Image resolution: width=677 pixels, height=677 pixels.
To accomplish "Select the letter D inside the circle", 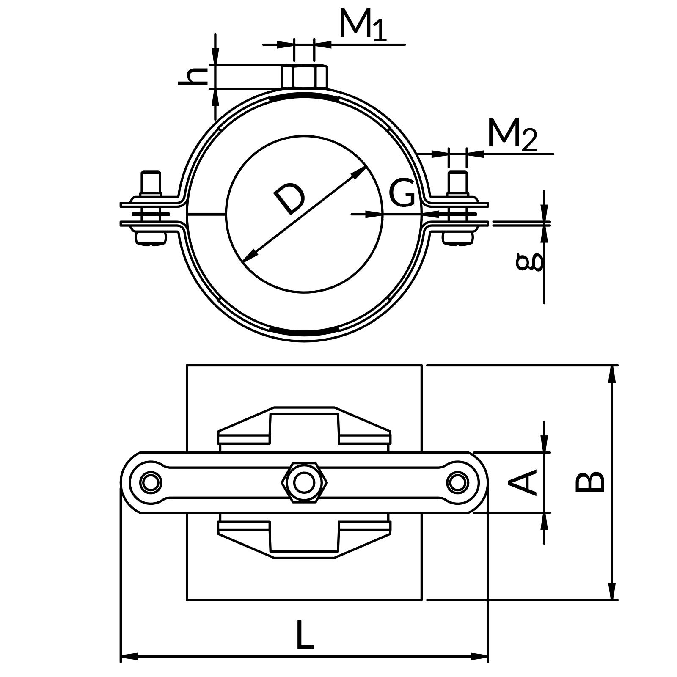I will (290, 198).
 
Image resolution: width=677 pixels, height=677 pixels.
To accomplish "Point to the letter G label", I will (402, 193).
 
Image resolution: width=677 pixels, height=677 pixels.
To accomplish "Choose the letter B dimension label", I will (590, 482).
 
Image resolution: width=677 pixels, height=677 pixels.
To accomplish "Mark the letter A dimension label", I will (523, 482).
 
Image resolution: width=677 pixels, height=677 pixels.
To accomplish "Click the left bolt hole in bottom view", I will (151, 482).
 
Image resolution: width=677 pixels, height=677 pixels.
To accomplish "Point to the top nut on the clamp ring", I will (304, 77).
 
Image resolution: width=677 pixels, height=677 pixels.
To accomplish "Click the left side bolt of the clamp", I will (151, 207).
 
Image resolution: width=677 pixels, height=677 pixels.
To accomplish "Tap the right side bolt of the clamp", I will (458, 207).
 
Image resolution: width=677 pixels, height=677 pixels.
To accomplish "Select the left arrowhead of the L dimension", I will (129, 657).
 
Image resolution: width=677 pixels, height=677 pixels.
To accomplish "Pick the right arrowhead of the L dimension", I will (480, 657).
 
